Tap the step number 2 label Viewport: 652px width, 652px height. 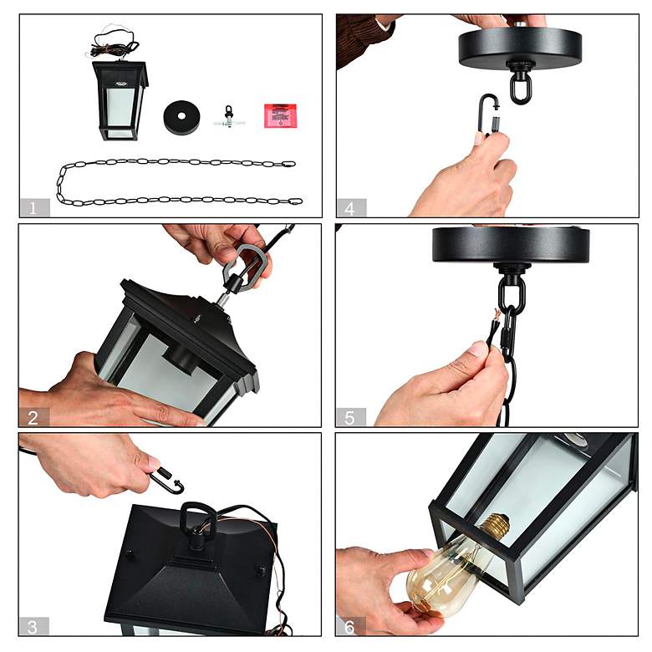click(33, 417)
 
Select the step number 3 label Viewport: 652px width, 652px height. click(33, 626)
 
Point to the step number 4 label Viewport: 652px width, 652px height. click(350, 208)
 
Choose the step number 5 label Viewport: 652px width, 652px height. click(349, 417)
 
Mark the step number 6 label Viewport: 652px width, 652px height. click(349, 626)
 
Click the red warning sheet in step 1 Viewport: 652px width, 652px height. click(280, 115)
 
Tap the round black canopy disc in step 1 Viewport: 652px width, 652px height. click(181, 117)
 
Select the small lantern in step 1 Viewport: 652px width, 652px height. click(120, 100)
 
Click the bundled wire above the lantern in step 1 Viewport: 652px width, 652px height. click(112, 47)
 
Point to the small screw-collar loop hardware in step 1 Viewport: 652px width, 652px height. click(229, 117)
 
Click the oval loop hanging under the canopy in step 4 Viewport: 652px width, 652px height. click(520, 88)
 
